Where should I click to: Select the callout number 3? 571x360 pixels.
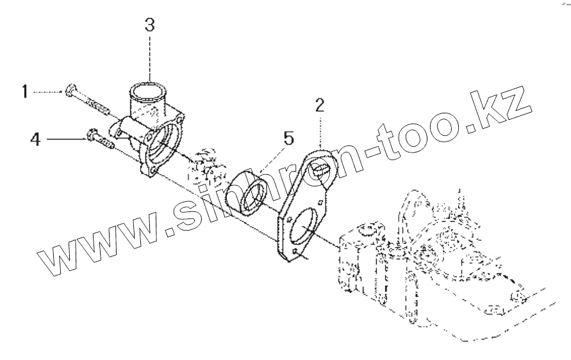[x=149, y=26]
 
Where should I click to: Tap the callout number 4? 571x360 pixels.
[x=35, y=138]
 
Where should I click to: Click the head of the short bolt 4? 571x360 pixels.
[x=90, y=135]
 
